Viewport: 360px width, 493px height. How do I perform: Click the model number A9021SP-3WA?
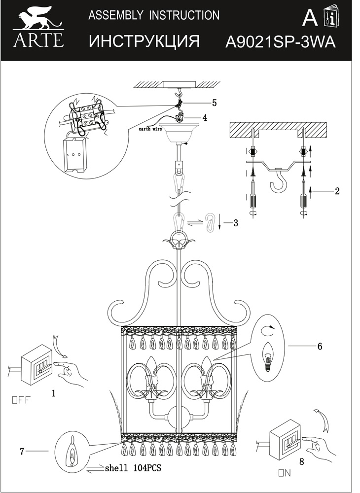281,42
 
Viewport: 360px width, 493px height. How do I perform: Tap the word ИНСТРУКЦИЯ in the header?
144,41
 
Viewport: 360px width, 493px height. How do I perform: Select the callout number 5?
215,103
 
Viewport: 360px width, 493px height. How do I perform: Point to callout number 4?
205,118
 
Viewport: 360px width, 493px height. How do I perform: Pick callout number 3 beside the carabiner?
236,223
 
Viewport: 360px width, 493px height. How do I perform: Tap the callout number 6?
320,346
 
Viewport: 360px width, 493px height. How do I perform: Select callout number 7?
22,451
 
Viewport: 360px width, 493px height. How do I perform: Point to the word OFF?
21,400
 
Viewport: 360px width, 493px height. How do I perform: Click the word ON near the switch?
285,473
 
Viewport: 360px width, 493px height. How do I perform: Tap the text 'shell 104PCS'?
133,468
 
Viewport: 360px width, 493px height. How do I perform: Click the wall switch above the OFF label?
36,365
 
